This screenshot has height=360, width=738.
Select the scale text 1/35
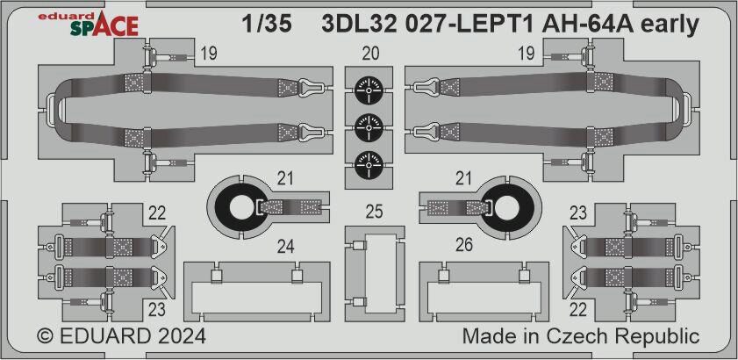267,25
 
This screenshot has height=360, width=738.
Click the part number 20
371,54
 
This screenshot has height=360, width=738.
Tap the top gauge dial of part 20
369,90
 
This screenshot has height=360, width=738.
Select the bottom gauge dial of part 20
369,164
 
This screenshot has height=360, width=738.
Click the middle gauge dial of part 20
369,127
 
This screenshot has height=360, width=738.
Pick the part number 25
374,212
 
